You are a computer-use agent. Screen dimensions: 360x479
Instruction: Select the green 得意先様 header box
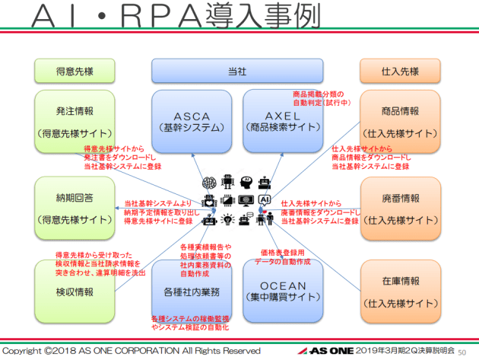click(x=69, y=70)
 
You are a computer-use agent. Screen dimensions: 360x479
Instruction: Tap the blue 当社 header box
click(x=237, y=70)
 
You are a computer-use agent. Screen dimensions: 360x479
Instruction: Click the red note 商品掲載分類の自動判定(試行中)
click(x=320, y=97)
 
